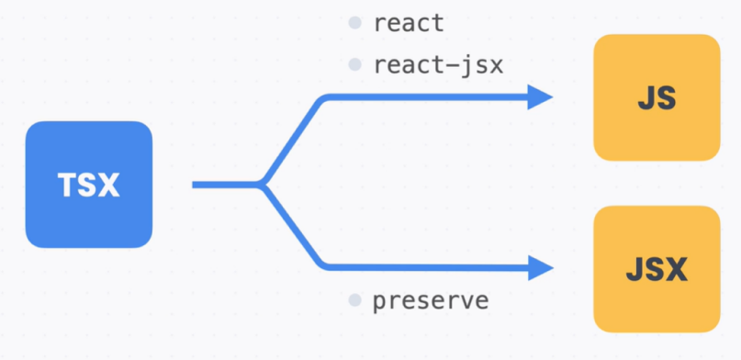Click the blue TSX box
tap(88, 185)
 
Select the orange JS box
tap(656, 98)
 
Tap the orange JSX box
tap(656, 269)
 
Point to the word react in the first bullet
tap(409, 23)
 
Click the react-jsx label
tap(439, 65)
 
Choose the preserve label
tap(431, 300)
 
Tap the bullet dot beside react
tap(354, 23)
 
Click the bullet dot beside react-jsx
tap(354, 65)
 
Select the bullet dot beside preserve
tap(354, 300)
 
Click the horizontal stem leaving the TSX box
tap(225, 185)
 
